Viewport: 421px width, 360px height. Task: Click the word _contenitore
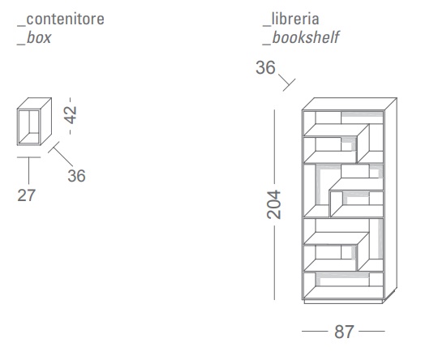point(61,19)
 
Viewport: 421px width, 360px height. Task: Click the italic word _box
point(34,38)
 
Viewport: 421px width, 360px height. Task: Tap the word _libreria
point(291,19)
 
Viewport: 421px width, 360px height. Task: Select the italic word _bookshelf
point(301,37)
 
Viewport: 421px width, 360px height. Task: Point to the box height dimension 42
point(71,115)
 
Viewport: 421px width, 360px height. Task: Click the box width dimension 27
point(26,195)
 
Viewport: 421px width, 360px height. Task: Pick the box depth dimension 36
point(76,176)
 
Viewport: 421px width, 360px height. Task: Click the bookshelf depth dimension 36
point(265,67)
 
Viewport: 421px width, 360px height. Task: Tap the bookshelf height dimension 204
point(274,204)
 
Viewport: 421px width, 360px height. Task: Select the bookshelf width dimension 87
point(344,332)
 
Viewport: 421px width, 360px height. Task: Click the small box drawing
point(34,122)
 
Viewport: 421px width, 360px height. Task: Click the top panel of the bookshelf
point(350,104)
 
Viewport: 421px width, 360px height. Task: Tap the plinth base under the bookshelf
point(343,302)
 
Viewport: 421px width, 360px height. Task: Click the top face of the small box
point(34,103)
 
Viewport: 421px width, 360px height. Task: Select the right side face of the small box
point(46,121)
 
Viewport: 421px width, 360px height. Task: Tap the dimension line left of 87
point(315,331)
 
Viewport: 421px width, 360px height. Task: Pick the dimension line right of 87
point(372,331)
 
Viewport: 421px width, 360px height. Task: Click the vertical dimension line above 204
point(274,147)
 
